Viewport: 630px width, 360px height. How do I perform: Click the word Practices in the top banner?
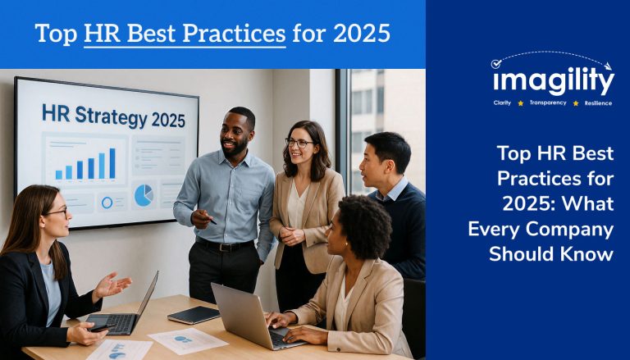pos(234,33)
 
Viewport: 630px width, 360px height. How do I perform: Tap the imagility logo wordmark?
pos(554,80)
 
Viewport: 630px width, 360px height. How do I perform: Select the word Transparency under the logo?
pos(548,103)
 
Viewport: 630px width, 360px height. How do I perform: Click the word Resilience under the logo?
pos(598,103)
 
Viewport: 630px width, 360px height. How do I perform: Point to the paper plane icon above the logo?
pos(608,66)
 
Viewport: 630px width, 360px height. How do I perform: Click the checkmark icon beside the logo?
pos(496,63)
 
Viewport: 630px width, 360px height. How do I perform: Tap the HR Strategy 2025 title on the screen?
pos(114,116)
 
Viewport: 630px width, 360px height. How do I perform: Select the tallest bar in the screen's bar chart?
pos(112,163)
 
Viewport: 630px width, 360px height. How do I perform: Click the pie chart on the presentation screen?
pos(144,195)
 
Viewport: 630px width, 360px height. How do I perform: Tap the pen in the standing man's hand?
pos(210,220)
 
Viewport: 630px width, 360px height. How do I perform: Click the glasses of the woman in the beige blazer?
pos(299,142)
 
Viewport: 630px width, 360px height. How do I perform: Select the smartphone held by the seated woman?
pos(101,328)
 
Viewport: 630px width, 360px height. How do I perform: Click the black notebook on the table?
pos(194,315)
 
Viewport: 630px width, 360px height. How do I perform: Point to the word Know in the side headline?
pos(591,254)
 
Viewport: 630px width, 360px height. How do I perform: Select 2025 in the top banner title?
pos(362,33)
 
